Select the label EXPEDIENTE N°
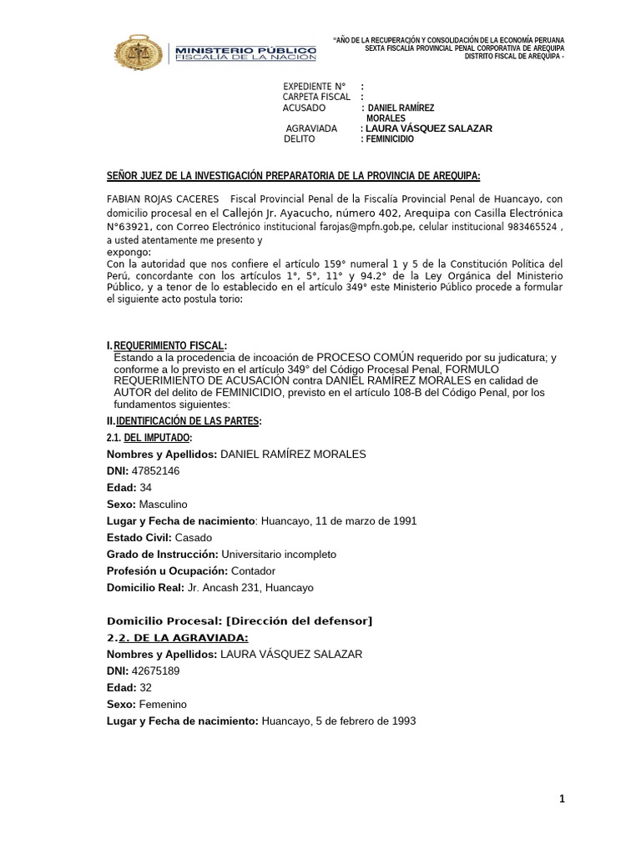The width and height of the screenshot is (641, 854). coord(314,87)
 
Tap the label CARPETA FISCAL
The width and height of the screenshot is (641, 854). coord(316,98)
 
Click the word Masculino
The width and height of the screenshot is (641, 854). coord(163,504)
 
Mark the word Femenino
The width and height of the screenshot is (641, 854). coord(163,704)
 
